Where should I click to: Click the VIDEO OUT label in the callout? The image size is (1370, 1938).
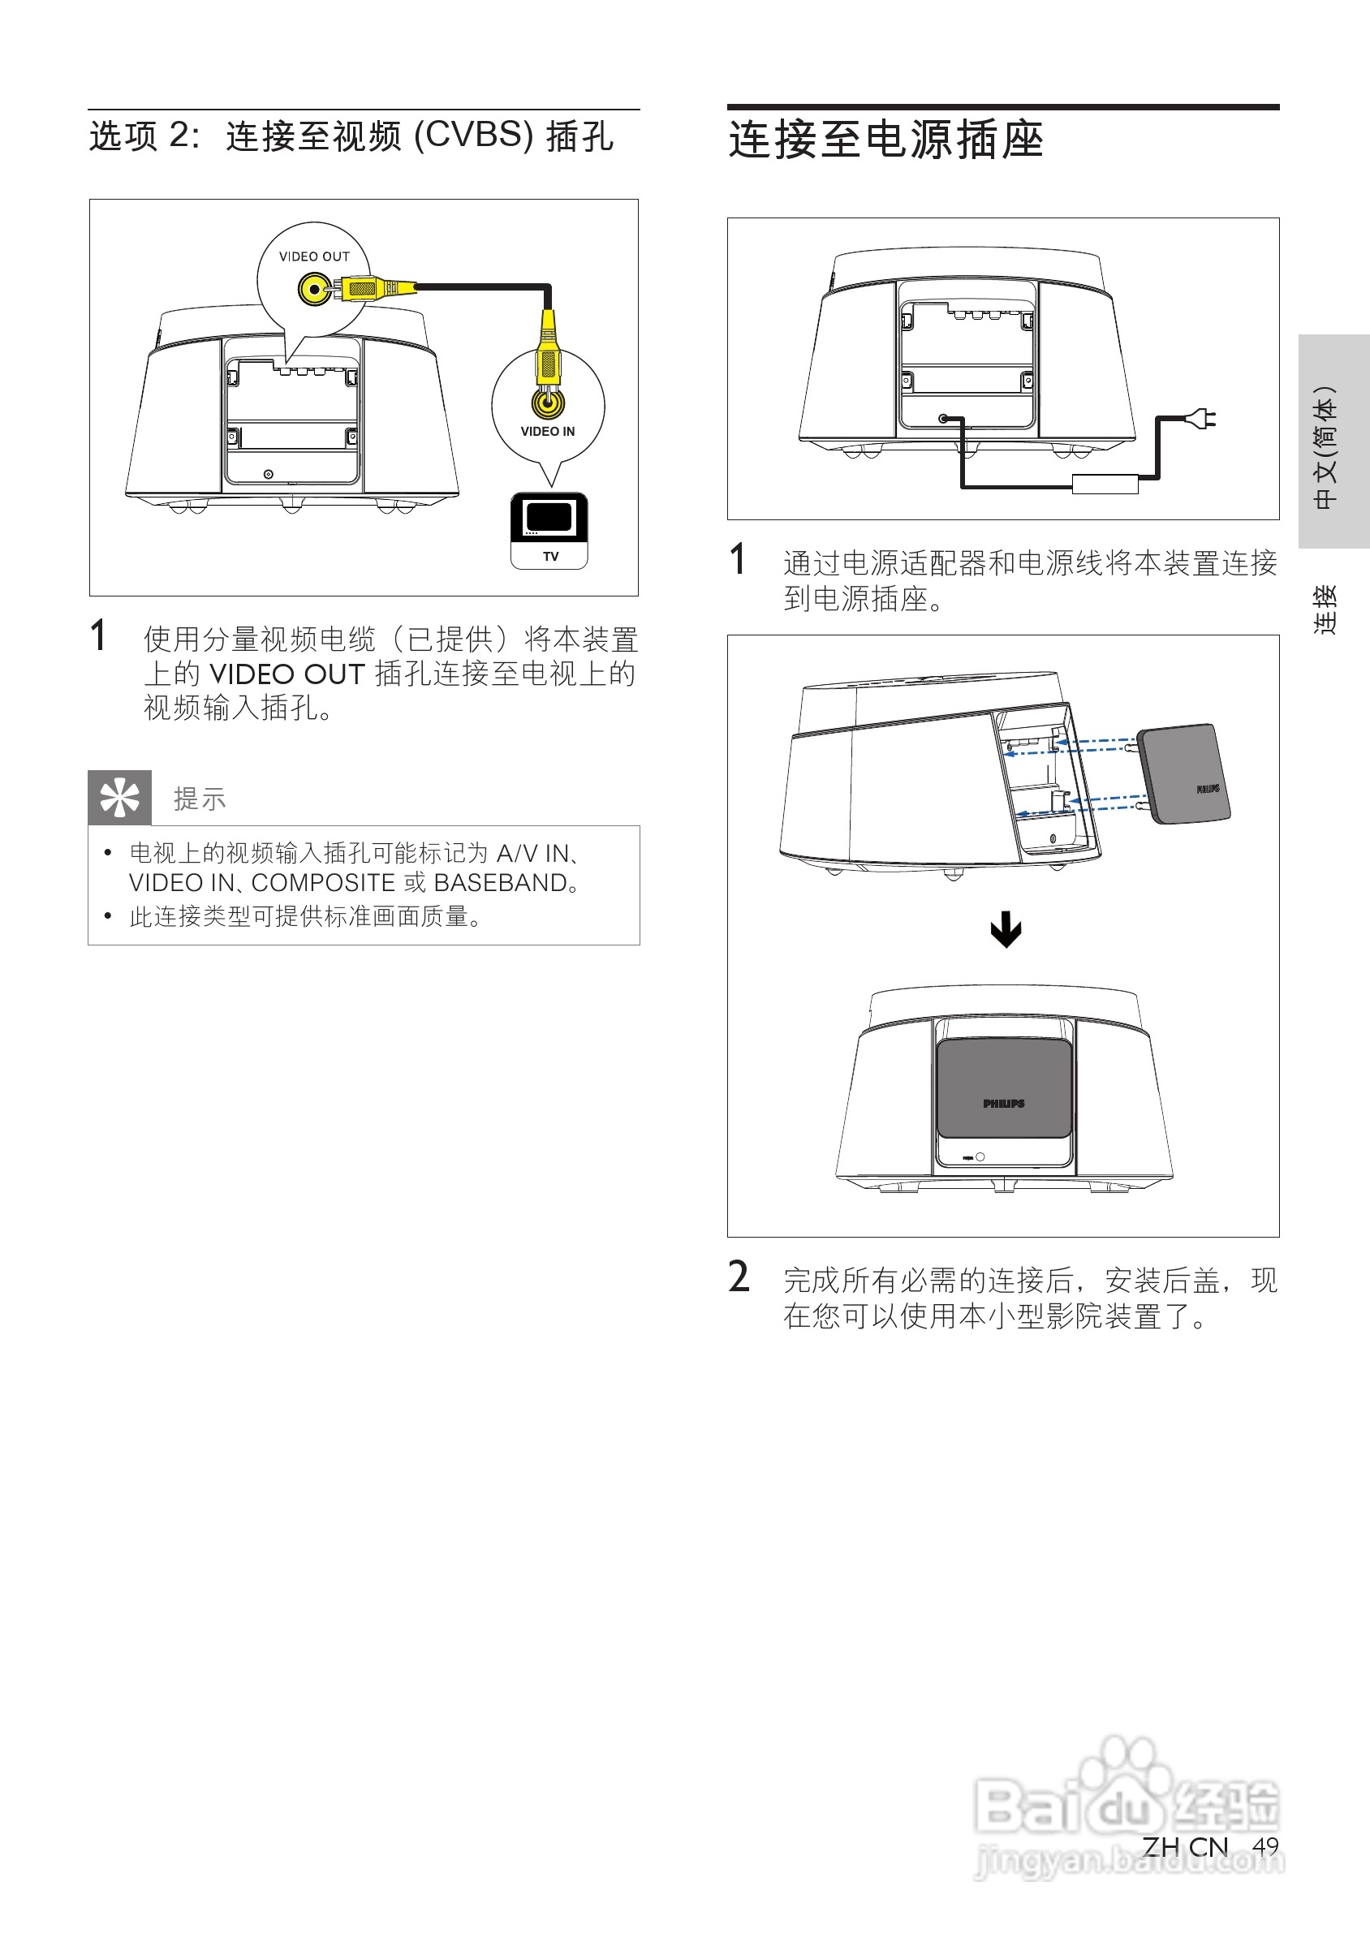314,256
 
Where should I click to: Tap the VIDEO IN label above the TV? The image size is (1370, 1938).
548,431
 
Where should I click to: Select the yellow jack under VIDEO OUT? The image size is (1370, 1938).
314,290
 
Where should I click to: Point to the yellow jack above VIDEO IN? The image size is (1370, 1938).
548,402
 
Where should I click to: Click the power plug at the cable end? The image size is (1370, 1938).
1202,418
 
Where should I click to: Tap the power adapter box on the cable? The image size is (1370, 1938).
1104,484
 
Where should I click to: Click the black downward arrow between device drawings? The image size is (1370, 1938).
1006,929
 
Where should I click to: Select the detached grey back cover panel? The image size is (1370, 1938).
1183,773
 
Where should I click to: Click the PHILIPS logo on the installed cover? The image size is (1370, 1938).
1004,1103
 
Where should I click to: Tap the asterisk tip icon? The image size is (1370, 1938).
120,798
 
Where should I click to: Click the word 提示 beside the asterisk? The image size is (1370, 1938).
200,799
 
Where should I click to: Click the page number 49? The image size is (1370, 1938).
1264,1846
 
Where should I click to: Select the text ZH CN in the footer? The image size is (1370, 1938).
1185,1846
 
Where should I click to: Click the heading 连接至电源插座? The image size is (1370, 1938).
886,140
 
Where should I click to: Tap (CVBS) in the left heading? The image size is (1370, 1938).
473,136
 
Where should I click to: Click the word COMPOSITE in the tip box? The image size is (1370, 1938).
323,883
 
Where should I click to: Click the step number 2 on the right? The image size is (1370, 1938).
739,1277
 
